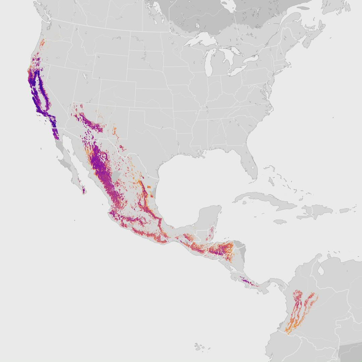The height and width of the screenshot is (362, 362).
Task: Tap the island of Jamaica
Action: click(281, 222)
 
